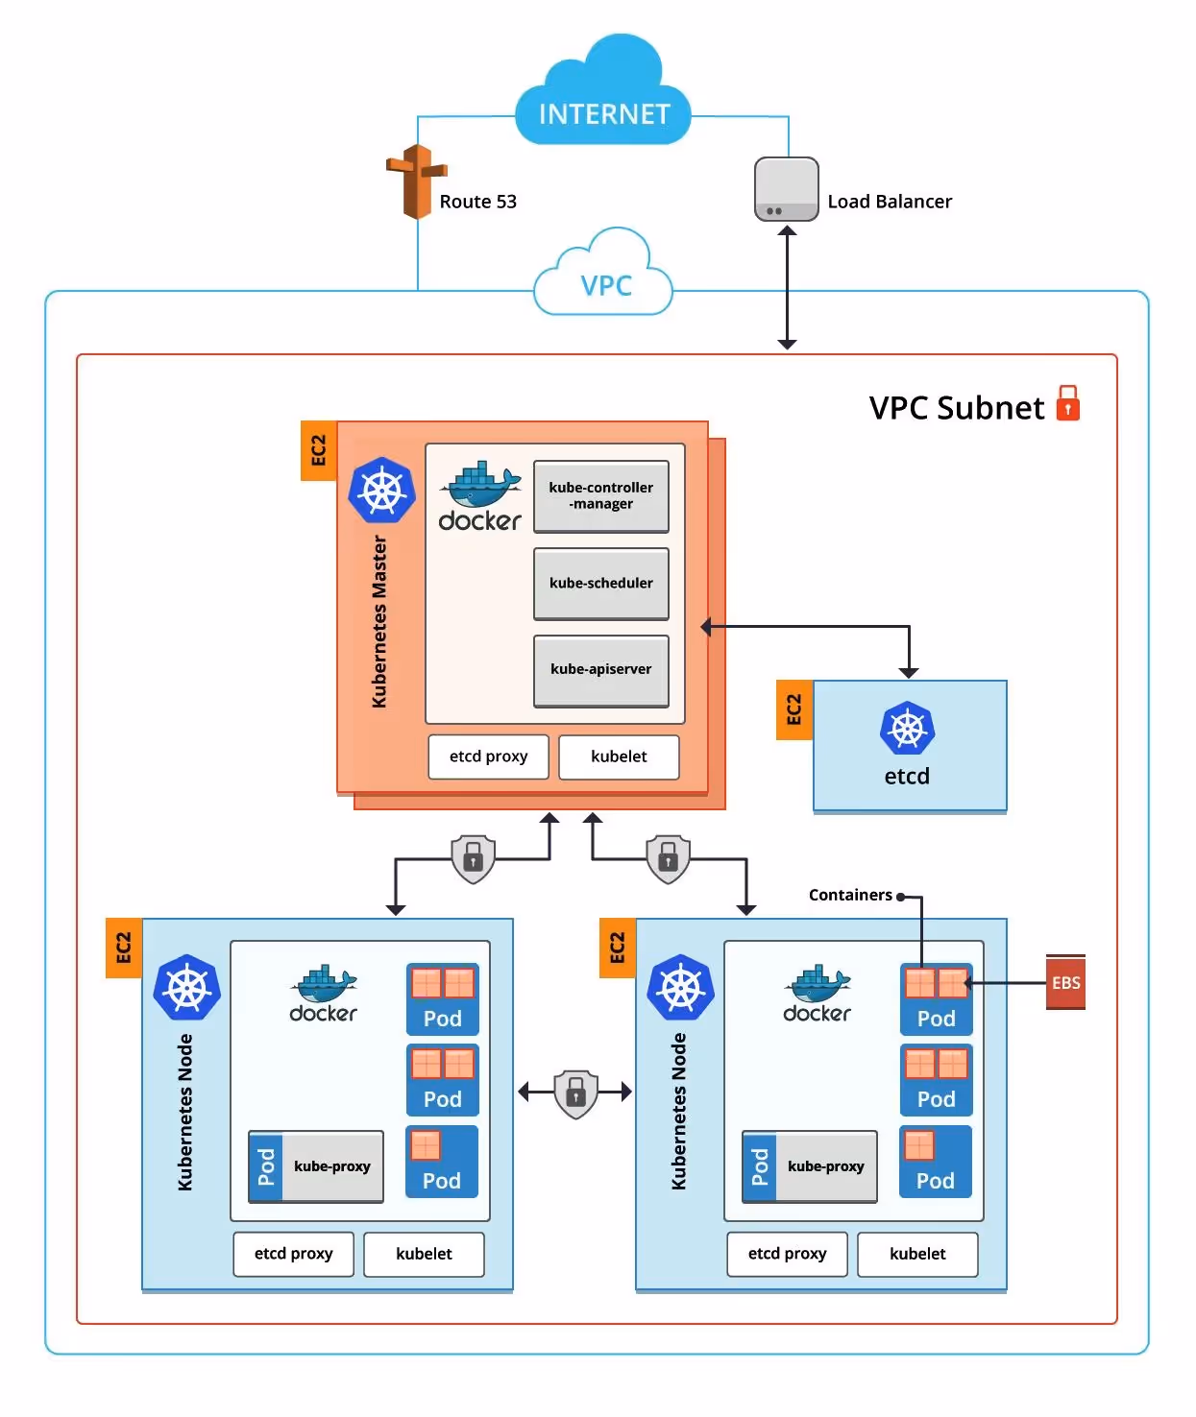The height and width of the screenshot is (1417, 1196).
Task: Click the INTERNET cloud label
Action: pos(603,114)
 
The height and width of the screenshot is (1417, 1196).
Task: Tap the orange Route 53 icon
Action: pos(416,181)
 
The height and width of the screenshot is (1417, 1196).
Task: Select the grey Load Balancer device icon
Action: pos(786,189)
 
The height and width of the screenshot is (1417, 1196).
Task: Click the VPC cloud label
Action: pos(605,285)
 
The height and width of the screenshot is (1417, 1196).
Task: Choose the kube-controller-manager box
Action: pos(601,495)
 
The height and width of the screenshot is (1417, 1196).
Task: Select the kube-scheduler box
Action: pos(601,583)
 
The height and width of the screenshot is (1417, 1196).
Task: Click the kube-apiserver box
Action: pos(601,669)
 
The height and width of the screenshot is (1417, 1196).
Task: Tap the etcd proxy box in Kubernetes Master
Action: pos(488,757)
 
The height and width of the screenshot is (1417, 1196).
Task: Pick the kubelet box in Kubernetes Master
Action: pos(619,757)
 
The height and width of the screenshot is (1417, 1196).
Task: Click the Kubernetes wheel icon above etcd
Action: pos(907,729)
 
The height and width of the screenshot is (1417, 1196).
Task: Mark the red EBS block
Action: pos(1065,982)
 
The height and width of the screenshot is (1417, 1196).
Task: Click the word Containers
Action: pos(850,895)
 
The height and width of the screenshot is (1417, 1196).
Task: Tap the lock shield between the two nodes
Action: pos(575,1093)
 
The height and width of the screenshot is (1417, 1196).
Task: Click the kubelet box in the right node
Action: pos(917,1254)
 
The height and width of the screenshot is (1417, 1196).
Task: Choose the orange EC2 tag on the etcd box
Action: pos(793,709)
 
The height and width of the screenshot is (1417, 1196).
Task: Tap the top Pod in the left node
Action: pos(442,998)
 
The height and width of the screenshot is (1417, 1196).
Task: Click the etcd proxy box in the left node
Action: pos(293,1254)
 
